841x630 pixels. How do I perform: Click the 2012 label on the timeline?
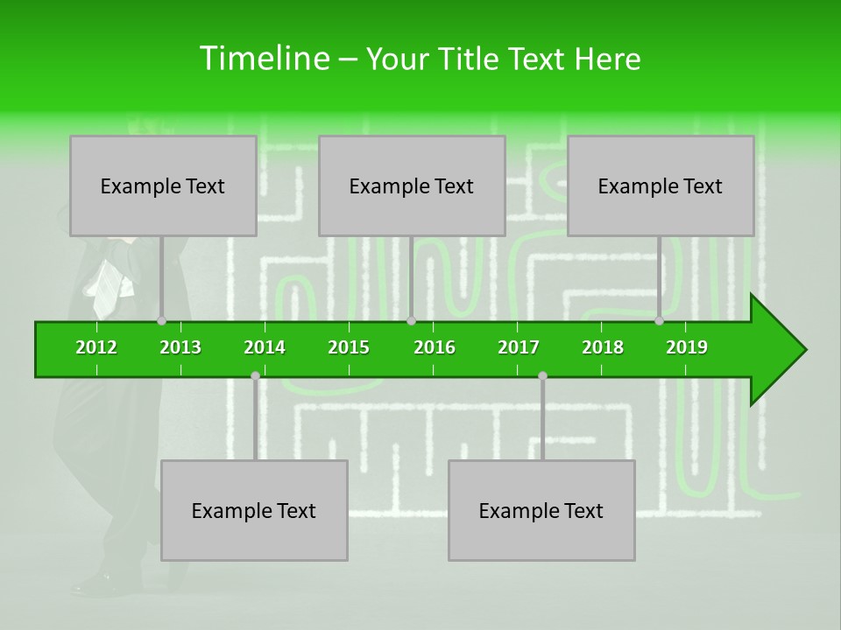point(96,347)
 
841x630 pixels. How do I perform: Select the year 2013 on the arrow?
point(180,347)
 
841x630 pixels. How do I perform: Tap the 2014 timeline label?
point(265,347)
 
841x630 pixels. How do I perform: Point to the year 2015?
point(349,347)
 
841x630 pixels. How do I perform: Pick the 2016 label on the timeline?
point(435,347)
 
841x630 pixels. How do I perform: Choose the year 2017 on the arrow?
point(519,347)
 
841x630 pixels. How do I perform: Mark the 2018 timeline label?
point(603,347)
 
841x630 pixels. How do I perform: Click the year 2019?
point(687,347)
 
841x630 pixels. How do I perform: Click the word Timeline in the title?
point(263,59)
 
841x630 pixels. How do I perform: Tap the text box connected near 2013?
point(163,185)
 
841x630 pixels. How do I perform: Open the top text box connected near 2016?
point(412,185)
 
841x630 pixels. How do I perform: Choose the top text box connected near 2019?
point(661,185)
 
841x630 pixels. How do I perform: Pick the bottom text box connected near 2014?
point(254,510)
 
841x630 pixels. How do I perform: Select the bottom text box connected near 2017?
point(541,510)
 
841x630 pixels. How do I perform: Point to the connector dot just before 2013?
point(161,321)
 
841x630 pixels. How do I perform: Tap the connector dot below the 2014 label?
point(255,375)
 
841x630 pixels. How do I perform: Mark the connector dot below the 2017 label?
point(542,375)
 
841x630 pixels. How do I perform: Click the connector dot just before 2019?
point(659,321)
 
